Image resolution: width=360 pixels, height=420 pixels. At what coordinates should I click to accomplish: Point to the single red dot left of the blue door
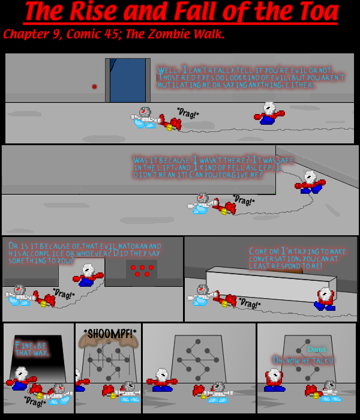tap(94, 86)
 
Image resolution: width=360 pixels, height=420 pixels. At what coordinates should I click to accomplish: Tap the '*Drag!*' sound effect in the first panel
tap(188, 112)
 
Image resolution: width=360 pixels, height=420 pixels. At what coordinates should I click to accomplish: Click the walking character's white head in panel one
tap(269, 109)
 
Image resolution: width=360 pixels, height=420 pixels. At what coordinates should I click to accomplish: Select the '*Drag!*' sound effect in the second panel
tap(244, 199)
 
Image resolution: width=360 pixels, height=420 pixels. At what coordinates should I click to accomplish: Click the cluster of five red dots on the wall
tap(142, 271)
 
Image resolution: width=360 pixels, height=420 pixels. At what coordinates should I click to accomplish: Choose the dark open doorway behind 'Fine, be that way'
tap(40, 354)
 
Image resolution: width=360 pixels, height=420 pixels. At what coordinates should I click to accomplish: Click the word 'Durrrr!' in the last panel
tap(316, 349)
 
